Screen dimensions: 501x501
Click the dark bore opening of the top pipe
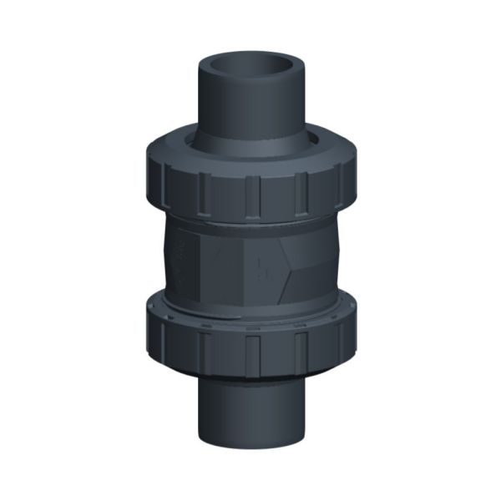tap(251, 65)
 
